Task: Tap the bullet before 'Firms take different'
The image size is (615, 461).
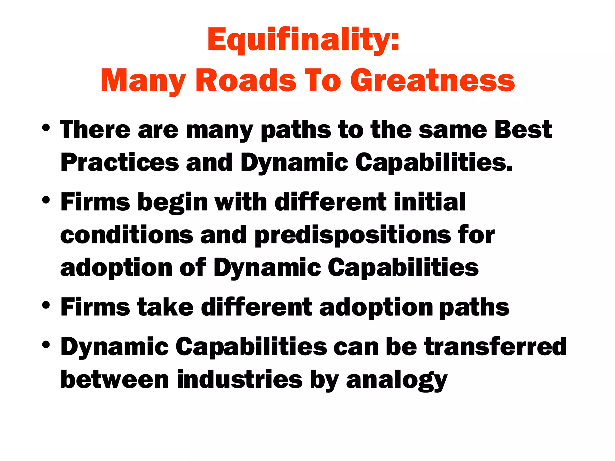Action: (x=46, y=306)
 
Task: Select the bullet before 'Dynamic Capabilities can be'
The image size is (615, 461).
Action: (x=46, y=345)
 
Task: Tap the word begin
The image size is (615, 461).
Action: (x=172, y=203)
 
